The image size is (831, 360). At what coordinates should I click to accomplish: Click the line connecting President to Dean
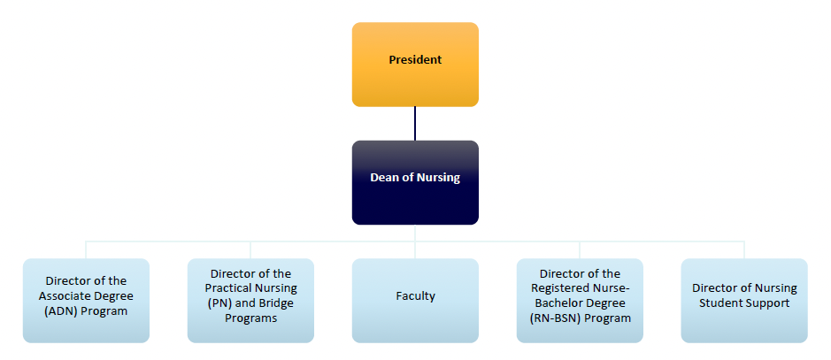pyautogui.click(x=415, y=123)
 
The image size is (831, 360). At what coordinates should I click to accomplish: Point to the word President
pyautogui.click(x=415, y=60)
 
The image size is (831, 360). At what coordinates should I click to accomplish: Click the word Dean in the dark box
pyautogui.click(x=386, y=177)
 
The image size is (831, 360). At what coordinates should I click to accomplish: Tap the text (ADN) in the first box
pyautogui.click(x=62, y=310)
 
